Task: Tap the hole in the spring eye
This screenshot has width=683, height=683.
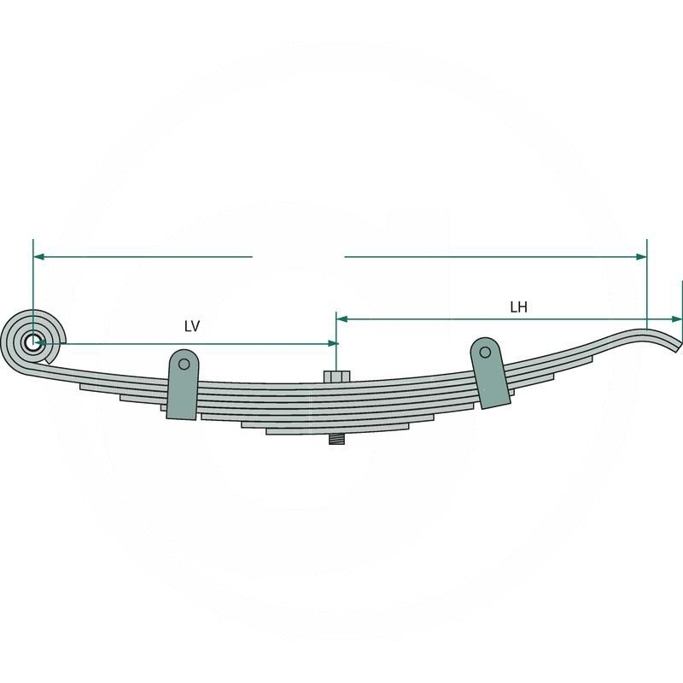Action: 32,343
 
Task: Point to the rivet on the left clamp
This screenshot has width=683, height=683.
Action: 183,364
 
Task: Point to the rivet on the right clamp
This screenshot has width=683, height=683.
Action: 486,352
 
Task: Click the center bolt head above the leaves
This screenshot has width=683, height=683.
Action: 336,377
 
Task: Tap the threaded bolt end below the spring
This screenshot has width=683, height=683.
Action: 336,441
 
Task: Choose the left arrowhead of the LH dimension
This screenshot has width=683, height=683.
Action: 341,319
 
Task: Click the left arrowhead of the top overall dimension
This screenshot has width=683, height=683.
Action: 39,256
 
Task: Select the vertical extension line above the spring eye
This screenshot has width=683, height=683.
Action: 32,282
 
